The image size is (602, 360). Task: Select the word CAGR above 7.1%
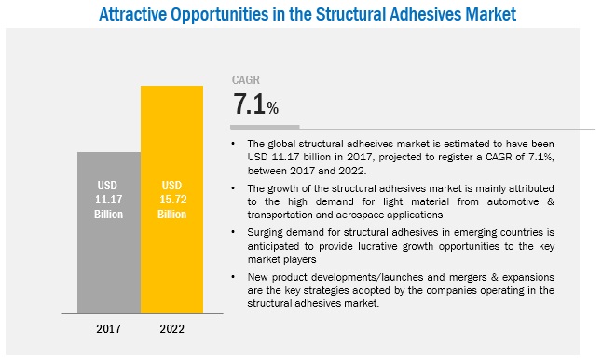[245, 81]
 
